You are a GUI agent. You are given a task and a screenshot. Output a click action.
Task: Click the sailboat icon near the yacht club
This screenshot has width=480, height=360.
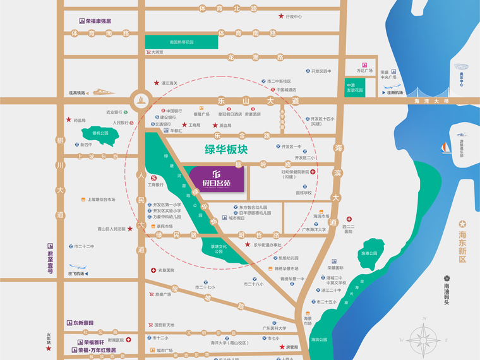tap(446, 147)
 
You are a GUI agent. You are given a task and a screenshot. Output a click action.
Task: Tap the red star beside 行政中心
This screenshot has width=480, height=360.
tap(281, 16)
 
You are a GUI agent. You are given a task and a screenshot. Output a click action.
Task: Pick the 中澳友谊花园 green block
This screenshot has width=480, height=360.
tap(355, 88)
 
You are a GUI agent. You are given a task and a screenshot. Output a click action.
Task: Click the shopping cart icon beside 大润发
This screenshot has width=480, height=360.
tap(148, 52)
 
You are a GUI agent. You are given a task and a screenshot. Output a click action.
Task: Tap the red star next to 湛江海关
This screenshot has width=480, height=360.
tap(157, 83)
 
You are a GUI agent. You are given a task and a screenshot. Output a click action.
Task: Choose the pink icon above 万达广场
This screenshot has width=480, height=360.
tap(364, 64)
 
